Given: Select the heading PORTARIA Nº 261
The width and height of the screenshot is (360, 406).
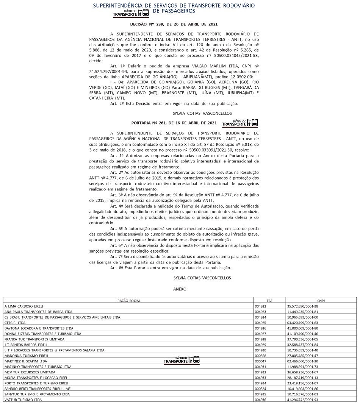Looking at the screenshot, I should (174, 123).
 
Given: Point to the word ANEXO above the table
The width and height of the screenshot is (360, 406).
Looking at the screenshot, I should (180, 289).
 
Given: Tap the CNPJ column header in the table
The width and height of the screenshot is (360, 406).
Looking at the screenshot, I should (321, 301).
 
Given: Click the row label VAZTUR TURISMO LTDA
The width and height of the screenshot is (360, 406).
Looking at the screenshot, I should (23, 400).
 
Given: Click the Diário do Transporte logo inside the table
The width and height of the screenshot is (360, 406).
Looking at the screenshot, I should (182, 361).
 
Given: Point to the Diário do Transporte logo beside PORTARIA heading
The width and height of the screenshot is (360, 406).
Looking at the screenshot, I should (240, 123).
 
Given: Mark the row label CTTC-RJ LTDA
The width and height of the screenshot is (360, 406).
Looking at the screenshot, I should (15, 323).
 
